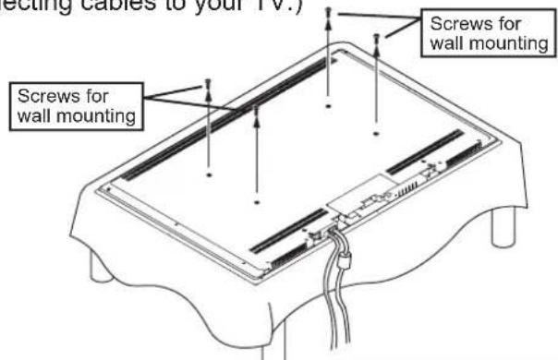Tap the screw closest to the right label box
pos(376,39)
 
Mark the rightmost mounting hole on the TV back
pos(376,135)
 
